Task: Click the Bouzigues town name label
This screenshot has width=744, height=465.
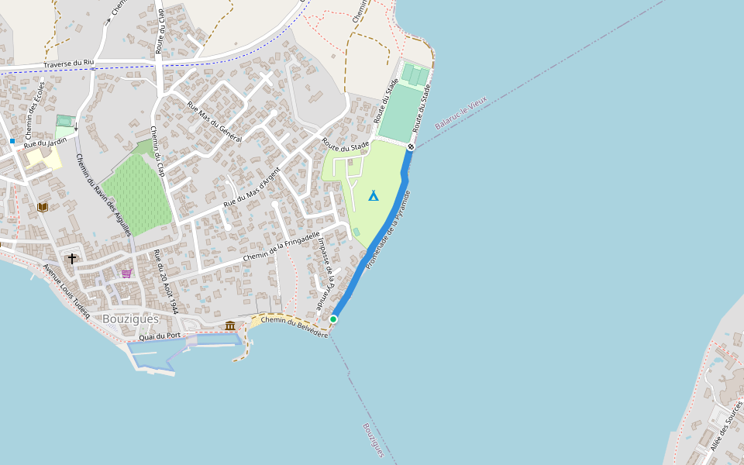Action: click(130, 319)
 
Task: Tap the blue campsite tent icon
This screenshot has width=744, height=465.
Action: click(373, 195)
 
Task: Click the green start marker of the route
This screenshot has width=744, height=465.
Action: click(333, 319)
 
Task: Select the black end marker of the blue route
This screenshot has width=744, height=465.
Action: click(411, 146)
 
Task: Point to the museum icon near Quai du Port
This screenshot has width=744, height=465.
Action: click(230, 325)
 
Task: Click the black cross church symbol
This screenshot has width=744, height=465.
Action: click(72, 258)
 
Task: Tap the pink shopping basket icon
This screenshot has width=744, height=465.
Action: click(126, 273)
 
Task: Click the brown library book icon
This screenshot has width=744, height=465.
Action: click(42, 207)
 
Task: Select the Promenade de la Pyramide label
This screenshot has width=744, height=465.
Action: click(387, 229)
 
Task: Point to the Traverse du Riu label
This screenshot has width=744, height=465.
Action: click(68, 64)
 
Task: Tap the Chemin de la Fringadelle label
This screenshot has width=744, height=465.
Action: click(281, 246)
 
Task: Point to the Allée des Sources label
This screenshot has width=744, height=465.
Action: click(721, 429)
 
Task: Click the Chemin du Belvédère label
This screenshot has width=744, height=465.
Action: click(294, 326)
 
